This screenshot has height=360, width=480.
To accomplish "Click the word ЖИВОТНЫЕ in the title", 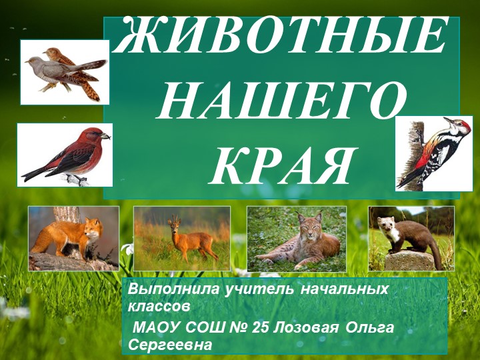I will pos(281,38).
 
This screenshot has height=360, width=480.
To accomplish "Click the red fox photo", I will pos(73,238).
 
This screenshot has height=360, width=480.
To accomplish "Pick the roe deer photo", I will pos(181,238).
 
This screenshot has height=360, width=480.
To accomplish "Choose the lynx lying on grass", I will pos(296,238).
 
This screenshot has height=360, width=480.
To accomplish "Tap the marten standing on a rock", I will pos(411,238).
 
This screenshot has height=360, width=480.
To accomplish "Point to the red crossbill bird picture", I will pos(64,155).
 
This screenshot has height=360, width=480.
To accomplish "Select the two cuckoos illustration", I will pos(64,71).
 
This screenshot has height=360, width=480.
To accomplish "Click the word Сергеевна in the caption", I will pos(170,345).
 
